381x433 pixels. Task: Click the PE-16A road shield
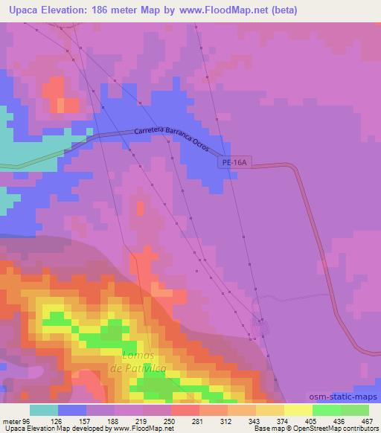232,161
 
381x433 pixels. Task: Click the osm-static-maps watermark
350,398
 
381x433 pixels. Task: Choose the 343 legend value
254,420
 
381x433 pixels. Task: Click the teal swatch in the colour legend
44,410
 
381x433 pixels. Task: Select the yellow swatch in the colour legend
298,410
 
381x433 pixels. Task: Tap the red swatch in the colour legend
185,410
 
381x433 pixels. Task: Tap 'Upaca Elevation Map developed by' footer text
47,429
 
